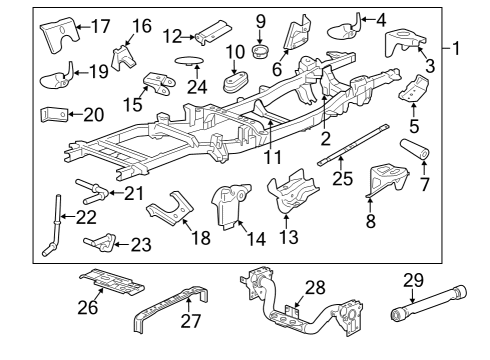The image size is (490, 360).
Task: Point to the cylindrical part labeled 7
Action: click(417, 158)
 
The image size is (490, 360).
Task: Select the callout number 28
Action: click(315, 288)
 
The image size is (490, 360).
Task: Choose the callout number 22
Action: click(87, 217)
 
